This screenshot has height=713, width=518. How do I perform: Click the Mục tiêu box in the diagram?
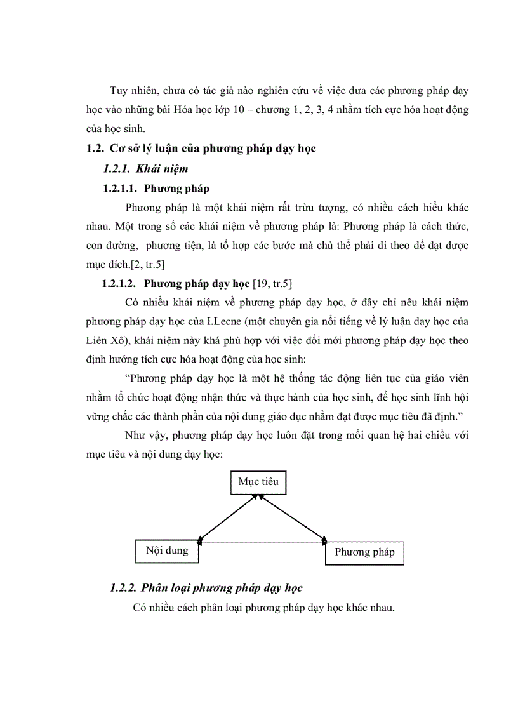258,482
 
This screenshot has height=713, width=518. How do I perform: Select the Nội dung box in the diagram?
167,551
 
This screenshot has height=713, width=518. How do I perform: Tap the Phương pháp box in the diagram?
364,552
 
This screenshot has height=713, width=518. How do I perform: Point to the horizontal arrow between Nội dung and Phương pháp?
262,543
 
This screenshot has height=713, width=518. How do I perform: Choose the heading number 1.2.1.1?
121,189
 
